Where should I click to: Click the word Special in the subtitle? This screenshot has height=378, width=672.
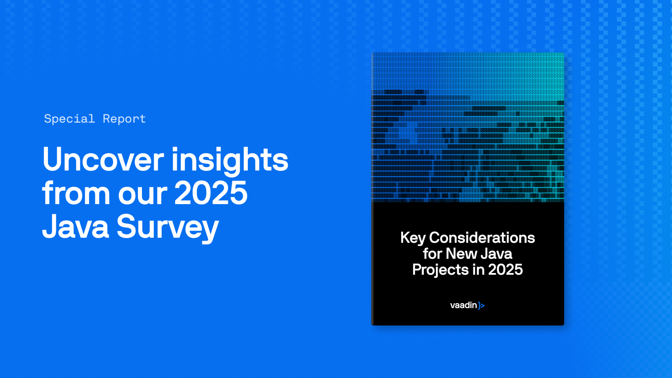coord(69,119)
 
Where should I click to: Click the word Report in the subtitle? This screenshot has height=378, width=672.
coord(124,119)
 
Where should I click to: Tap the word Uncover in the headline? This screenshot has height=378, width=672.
coord(103,160)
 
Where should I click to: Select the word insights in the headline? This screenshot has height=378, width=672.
coord(230,160)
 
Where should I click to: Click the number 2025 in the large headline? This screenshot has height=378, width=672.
coord(211,193)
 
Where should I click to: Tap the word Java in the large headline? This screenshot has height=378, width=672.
coord(76,227)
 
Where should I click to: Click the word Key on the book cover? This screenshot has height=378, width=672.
coord(413,238)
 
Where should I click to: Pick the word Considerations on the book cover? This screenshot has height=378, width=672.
coord(482,238)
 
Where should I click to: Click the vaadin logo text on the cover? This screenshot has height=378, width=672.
coord(463,305)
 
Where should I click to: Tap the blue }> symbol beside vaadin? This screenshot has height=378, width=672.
coord(481,306)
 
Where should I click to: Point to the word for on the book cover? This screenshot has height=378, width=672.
coord(433,254)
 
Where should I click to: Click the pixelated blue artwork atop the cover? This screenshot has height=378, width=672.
coord(467,126)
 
